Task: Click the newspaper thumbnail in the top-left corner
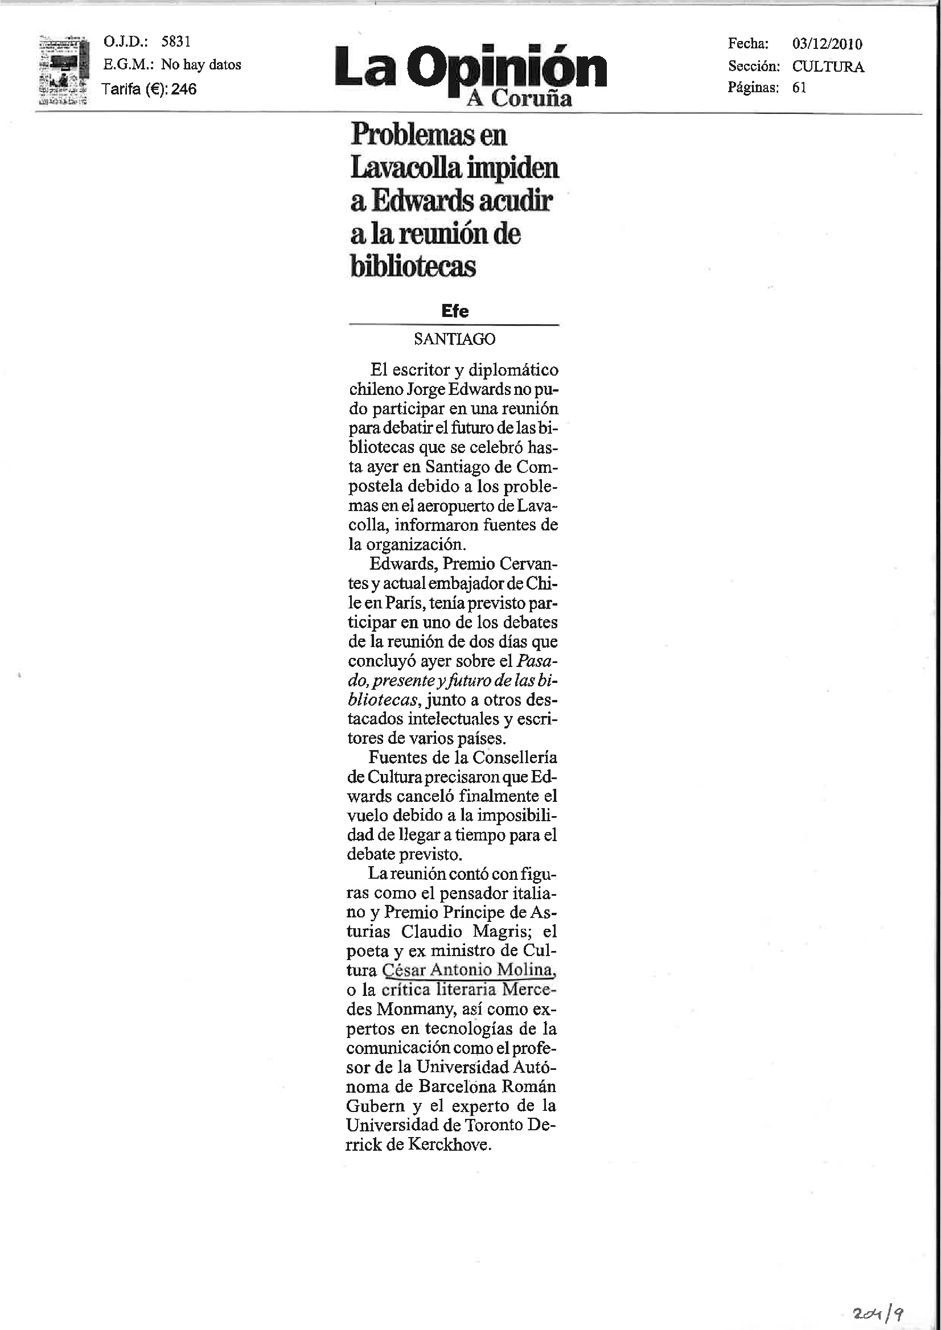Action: pos(63,70)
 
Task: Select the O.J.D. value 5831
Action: pos(175,42)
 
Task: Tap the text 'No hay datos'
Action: pos(201,64)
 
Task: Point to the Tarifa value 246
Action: pos(184,89)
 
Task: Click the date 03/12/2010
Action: pos(827,44)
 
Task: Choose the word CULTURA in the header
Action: pos(828,67)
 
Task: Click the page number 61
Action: pos(799,88)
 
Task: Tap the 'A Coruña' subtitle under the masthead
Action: pos(519,98)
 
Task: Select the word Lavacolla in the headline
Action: pos(406,168)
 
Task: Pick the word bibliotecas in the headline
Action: pos(413,266)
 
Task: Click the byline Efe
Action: pos(454,311)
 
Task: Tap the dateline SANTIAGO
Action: pos(454,339)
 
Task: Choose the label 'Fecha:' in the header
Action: pos(748,43)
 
